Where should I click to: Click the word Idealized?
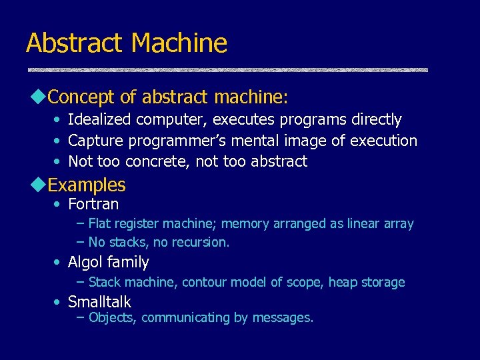99,120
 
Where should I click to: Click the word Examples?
87,185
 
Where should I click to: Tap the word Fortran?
93,204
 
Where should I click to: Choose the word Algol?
85,262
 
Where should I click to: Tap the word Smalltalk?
99,302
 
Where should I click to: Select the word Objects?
112,317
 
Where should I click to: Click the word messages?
282,317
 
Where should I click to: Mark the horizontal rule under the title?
227,69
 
